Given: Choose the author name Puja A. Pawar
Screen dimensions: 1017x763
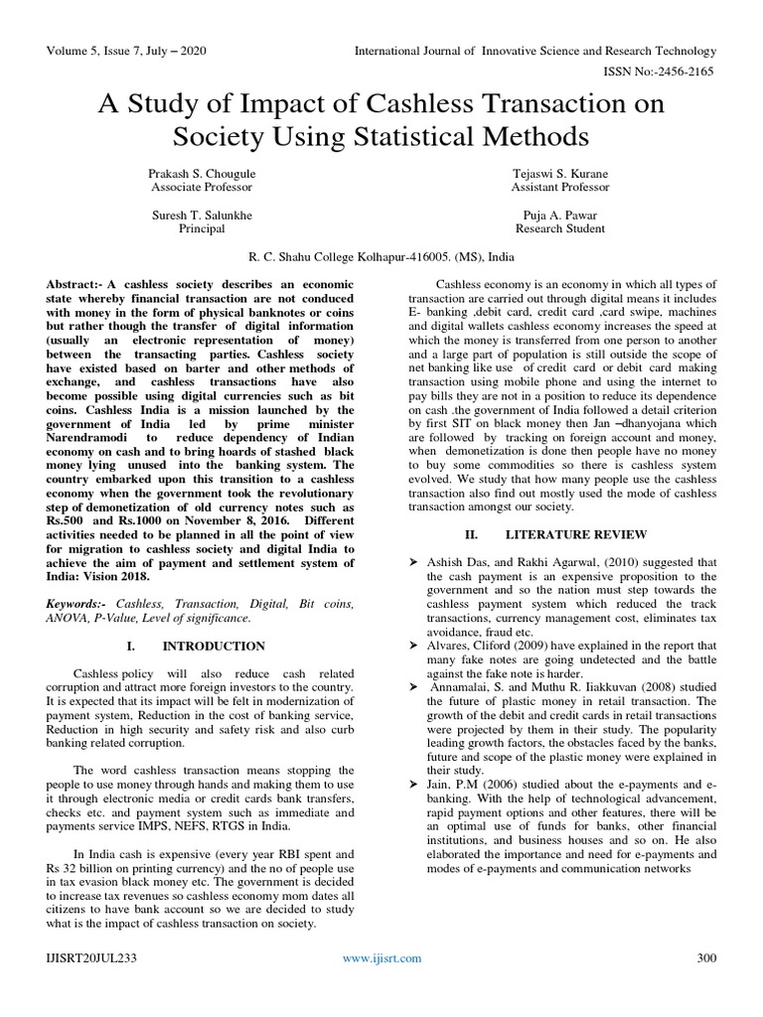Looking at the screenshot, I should [557, 214].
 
